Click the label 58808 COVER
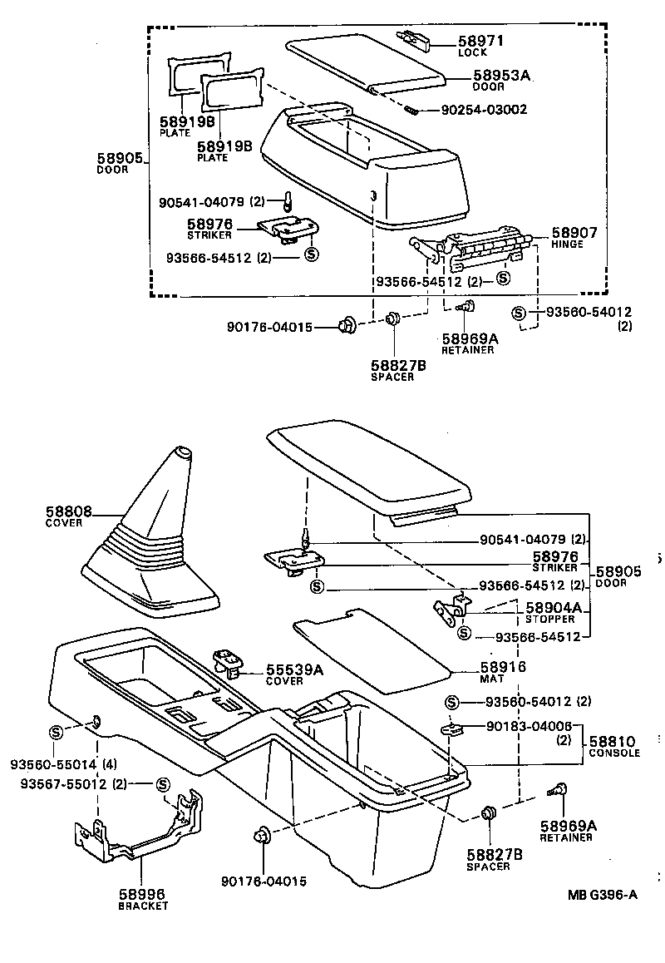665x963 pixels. (69, 516)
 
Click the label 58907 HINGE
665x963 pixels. (574, 238)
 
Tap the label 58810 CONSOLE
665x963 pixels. (613, 745)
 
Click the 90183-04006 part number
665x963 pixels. (523, 727)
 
